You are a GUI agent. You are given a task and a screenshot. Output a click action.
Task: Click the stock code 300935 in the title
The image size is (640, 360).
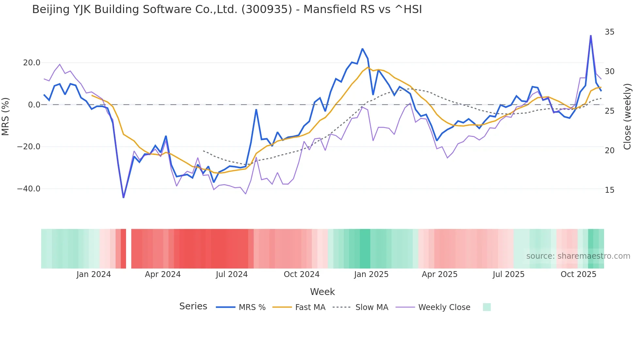(x=266, y=9)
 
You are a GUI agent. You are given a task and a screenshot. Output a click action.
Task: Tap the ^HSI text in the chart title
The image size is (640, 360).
(x=408, y=9)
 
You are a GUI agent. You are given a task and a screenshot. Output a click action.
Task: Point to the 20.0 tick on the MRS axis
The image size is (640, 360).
(x=32, y=63)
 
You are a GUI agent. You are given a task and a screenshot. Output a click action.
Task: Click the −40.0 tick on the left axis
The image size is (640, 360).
(x=29, y=189)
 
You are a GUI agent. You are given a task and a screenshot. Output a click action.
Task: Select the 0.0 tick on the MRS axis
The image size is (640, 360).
(x=34, y=105)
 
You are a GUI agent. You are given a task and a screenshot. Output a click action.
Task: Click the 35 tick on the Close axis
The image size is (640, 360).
(x=609, y=32)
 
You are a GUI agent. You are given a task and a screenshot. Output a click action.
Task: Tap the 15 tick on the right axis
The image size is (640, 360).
(x=609, y=190)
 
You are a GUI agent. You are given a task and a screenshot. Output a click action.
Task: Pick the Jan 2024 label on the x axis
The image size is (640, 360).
(x=94, y=274)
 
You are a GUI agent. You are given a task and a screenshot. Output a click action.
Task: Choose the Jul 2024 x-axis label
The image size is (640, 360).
(x=232, y=274)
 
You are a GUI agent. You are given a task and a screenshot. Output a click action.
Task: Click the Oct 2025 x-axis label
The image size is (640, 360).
(x=578, y=274)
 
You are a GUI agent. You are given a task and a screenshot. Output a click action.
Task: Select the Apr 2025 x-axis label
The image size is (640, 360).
(x=440, y=274)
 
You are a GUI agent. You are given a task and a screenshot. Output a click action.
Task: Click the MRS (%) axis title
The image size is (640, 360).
(x=6, y=116)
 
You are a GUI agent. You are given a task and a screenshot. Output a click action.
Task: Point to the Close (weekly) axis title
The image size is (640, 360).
(x=627, y=116)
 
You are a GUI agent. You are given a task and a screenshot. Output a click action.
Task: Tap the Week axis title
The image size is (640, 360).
(x=322, y=292)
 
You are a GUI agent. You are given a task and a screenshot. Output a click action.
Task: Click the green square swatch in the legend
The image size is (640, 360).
(x=487, y=307)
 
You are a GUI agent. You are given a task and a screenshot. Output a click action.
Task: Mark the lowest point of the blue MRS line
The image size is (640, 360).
(x=123, y=197)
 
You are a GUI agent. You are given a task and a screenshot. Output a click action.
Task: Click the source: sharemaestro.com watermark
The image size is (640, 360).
(x=578, y=256)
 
